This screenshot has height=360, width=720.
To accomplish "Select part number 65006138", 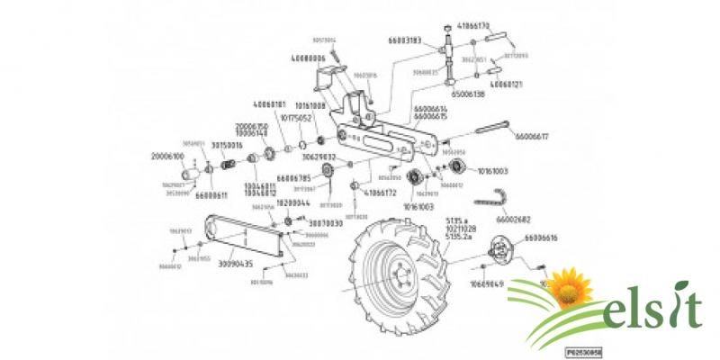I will pyautogui.click(x=467, y=94).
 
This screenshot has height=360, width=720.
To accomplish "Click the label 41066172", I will pyautogui.click(x=381, y=193).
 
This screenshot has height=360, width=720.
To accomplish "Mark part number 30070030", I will pyautogui.click(x=326, y=221).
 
